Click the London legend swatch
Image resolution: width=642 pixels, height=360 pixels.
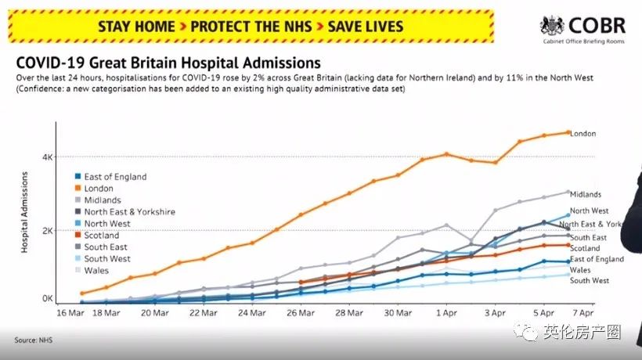click(76, 189)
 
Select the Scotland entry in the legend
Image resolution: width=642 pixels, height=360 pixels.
click(101, 236)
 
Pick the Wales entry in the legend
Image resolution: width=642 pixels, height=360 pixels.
click(96, 271)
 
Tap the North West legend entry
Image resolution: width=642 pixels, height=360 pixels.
click(106, 224)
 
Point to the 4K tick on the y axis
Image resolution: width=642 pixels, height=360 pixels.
click(48, 157)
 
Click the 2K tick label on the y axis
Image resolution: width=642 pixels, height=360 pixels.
click(48, 231)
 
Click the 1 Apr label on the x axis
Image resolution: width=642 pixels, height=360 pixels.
click(447, 313)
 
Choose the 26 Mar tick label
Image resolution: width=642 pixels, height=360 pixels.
click(301, 313)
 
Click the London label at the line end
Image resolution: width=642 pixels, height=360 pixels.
click(583, 134)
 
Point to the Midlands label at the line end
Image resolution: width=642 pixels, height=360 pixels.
click(586, 194)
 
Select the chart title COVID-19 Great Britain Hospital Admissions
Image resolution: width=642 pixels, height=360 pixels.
click(168, 62)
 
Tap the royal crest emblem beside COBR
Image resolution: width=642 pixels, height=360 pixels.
click(553, 26)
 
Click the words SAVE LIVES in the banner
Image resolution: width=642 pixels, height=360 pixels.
click(366, 26)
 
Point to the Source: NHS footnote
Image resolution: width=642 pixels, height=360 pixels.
click(31, 340)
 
